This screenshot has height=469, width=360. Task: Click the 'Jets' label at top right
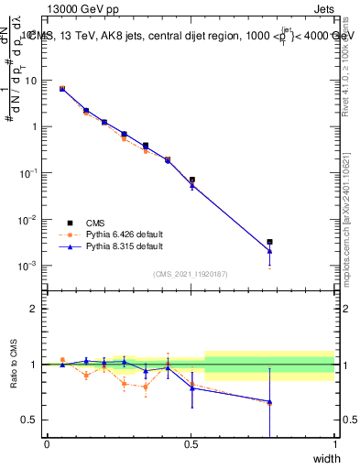pyautogui.click(x=324, y=8)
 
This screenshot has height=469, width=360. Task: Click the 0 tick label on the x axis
pyautogui.click(x=47, y=444)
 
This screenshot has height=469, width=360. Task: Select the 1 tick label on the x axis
pyautogui.click(x=334, y=444)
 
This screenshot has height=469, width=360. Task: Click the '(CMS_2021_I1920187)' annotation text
pyautogui.click(x=190, y=273)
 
